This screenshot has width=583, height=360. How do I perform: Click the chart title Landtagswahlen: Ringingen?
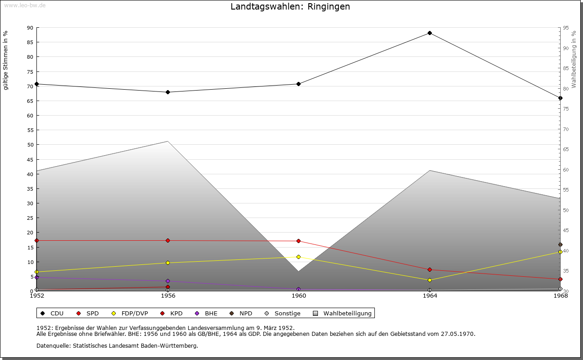coord(290,7)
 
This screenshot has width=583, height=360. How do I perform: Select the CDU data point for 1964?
coord(430,33)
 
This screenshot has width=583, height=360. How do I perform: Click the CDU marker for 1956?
coord(168,92)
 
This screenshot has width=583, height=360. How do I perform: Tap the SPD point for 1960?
coord(298,241)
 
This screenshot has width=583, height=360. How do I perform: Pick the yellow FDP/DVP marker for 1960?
coord(298,257)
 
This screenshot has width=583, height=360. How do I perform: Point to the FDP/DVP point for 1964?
coord(430,280)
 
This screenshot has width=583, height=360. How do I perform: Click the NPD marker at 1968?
coord(560,245)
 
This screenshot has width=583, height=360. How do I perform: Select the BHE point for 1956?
coord(168,281)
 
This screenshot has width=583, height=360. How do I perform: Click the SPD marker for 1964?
coord(430,270)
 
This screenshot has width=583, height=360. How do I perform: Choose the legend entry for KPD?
coord(176,314)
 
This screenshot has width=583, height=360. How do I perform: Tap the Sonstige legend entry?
coord(287,314)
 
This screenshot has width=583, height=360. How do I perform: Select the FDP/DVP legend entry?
coord(134,314)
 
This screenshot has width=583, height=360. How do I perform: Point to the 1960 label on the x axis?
coord(299,296)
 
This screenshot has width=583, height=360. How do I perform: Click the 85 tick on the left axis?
coord(30,42)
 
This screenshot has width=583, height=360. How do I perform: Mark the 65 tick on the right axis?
coord(566,149)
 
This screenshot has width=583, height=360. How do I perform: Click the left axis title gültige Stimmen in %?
coord(6,60)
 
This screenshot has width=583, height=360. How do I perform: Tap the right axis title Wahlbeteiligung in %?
coord(574,59)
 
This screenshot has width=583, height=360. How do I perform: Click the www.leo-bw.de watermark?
coord(24,5)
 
